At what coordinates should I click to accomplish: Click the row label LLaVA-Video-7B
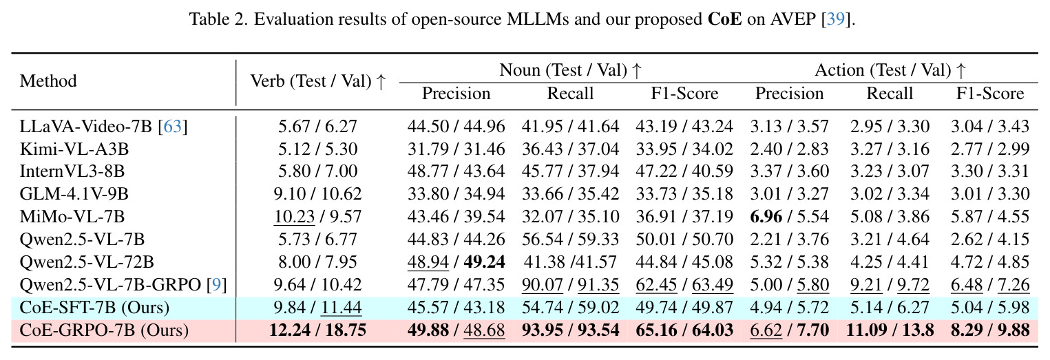[86, 126]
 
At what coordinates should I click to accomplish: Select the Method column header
[48, 81]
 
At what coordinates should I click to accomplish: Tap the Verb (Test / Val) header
[318, 81]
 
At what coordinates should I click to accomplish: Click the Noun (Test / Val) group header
[570, 70]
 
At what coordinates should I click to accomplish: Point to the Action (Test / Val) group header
[890, 70]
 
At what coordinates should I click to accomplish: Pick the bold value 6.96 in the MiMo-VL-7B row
[766, 217]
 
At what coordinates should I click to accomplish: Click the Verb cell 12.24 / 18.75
[317, 330]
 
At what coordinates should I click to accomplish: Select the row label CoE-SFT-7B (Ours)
[94, 308]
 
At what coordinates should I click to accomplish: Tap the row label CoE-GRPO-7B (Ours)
[104, 330]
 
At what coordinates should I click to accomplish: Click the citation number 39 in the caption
[835, 19]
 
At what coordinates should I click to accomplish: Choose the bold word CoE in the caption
[725, 19]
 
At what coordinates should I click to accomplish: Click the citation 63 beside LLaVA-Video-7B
[172, 126]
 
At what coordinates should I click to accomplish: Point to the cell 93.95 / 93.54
[571, 330]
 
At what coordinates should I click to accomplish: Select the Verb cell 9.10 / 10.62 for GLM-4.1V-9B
[317, 193]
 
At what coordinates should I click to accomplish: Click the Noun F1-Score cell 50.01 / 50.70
[684, 239]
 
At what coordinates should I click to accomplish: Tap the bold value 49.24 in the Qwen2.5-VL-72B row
[484, 262]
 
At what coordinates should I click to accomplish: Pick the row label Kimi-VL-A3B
[74, 149]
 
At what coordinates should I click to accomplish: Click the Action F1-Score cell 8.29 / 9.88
[990, 330]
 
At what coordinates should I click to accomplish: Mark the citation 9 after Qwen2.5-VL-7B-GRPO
[216, 284]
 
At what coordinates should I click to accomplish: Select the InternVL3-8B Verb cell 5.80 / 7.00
[317, 171]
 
